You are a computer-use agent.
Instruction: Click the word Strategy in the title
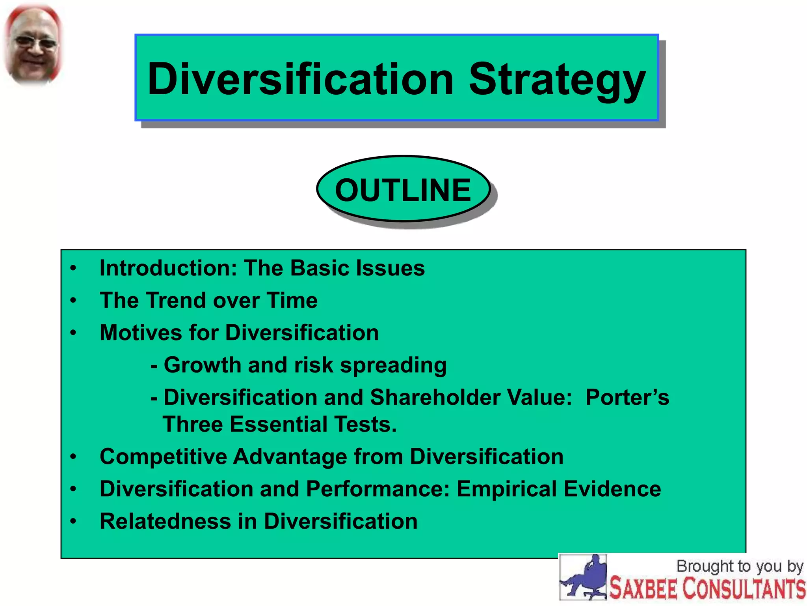coord(557,80)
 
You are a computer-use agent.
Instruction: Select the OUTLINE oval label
coord(403,190)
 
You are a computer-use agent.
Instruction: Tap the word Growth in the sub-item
coord(202,365)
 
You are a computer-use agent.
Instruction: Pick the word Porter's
coord(627,397)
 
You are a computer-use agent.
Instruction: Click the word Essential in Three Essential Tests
coord(278,425)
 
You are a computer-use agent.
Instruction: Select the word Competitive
coord(163,457)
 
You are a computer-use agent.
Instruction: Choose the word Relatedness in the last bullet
coord(165,521)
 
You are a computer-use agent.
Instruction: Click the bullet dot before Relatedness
coord(73,522)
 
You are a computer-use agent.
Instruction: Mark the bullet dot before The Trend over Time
coord(73,301)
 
